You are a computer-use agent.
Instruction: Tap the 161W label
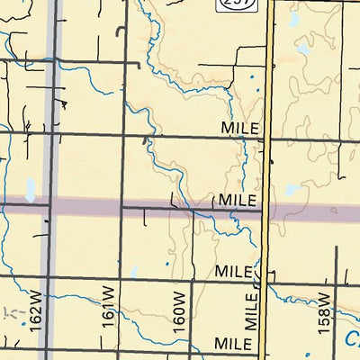[109, 306]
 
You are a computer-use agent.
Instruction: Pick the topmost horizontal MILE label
[240, 130]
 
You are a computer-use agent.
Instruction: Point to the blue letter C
[352, 340]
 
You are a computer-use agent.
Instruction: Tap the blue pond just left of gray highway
[31, 189]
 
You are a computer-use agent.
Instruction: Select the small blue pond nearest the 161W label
[132, 271]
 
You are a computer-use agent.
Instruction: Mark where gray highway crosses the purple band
[50, 207]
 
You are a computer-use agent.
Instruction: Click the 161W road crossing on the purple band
[121, 208]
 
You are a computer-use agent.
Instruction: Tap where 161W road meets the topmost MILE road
[121, 136]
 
